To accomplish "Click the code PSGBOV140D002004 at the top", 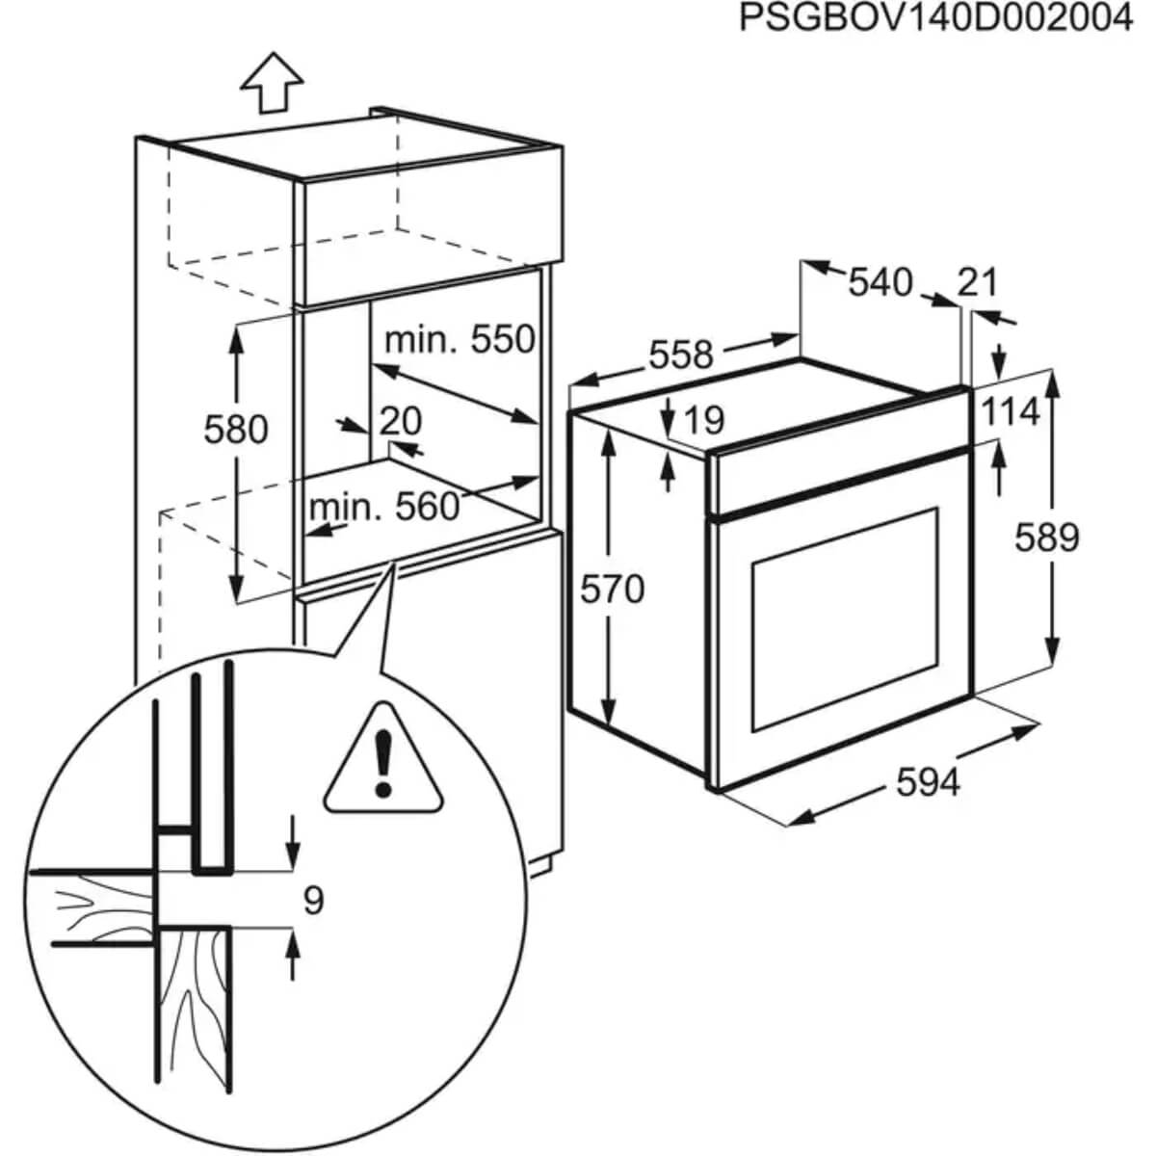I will pos(935,18).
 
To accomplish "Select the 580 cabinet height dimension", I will pos(235,429).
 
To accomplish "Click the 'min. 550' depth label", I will pos(459,339).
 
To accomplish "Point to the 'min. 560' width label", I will pos(384,506).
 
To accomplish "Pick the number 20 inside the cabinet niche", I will pos(400,421).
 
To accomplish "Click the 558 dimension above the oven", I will pos(680,355).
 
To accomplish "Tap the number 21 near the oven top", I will pos(978,282).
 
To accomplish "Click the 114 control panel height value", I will pos(1011,412).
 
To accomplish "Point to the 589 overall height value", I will pos(1046,538).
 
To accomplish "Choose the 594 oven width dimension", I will pos(928,782).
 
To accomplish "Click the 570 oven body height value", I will pos(612,588).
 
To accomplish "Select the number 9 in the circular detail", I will pos(313,901).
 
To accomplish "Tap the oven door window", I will pos(844,618).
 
